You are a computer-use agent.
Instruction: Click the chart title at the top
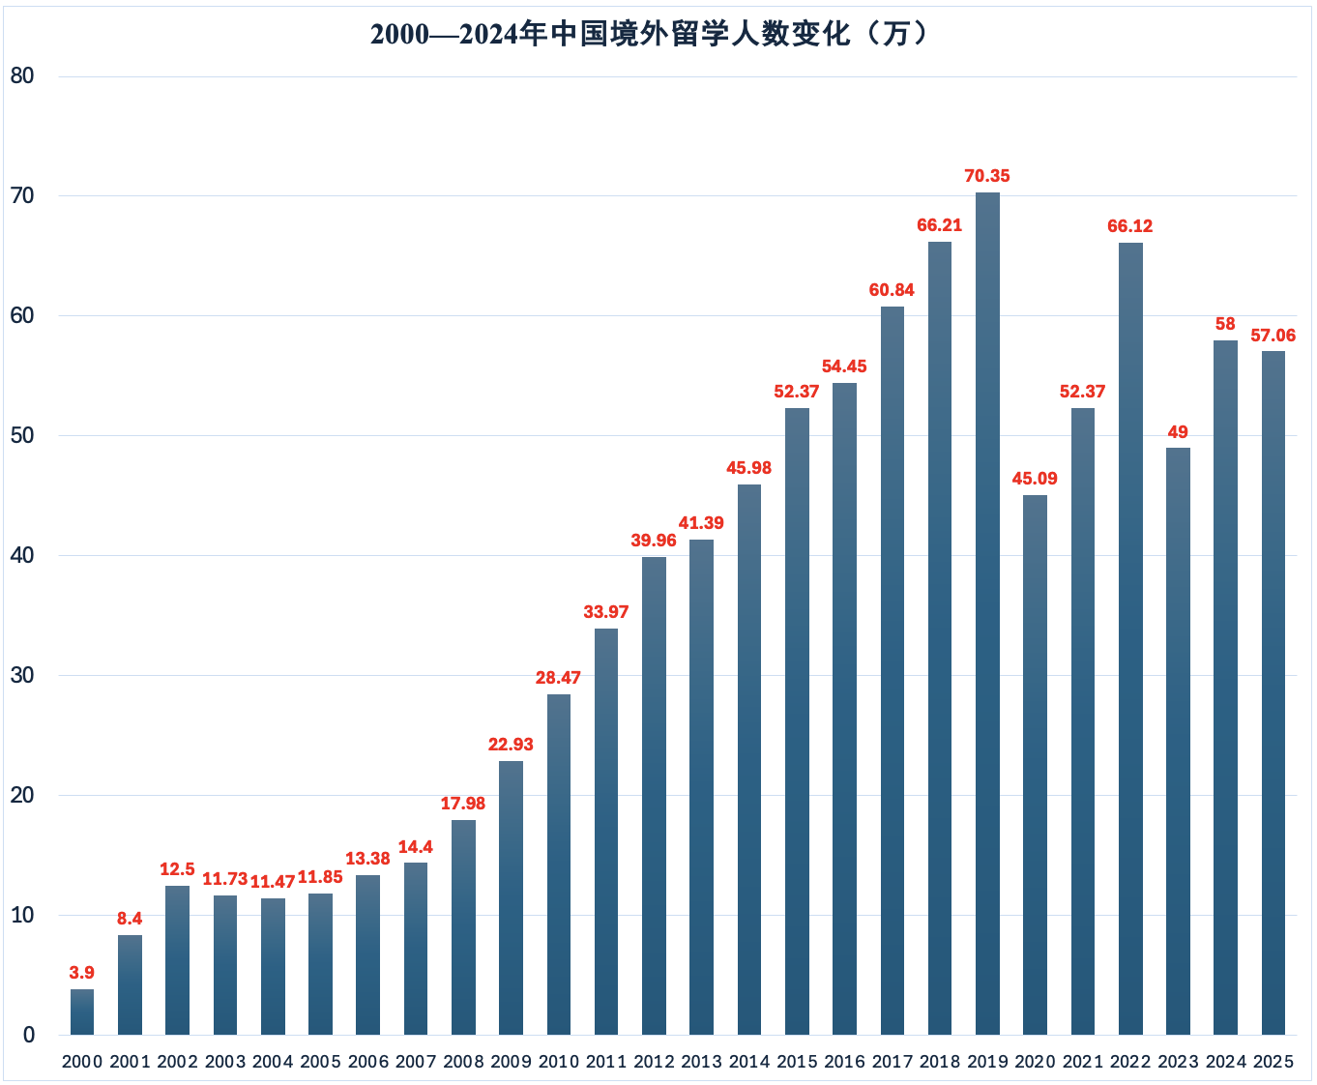click(x=650, y=35)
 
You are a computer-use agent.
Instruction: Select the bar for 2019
click(x=987, y=614)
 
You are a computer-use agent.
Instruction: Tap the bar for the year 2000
click(x=82, y=1012)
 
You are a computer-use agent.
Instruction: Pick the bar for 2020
click(x=1035, y=764)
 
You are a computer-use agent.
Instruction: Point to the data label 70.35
click(x=987, y=176)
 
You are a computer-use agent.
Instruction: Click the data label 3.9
click(x=82, y=973)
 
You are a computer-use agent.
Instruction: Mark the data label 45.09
click(x=1035, y=479)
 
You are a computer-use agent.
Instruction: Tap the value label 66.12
click(x=1130, y=226)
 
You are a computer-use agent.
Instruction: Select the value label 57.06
click(x=1273, y=336)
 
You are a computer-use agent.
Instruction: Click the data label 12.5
click(x=177, y=869)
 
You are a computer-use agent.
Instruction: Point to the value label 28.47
click(x=559, y=678)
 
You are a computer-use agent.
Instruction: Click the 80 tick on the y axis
click(x=22, y=76)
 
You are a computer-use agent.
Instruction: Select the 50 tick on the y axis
click(x=22, y=436)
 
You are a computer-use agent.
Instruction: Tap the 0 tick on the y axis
click(x=29, y=1035)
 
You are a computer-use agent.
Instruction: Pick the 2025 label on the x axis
click(x=1273, y=1062)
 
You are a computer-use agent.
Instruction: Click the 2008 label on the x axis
click(x=463, y=1062)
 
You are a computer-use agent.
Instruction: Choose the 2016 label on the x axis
click(x=844, y=1062)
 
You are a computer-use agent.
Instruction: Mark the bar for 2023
click(x=1178, y=741)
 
